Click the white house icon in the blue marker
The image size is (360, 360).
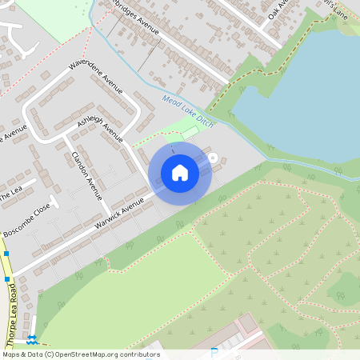coord(180,172)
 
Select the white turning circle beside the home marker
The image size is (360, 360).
coord(213,157)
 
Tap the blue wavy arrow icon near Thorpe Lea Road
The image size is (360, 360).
coord(33,339)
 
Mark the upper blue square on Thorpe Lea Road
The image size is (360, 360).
coord(6,254)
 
